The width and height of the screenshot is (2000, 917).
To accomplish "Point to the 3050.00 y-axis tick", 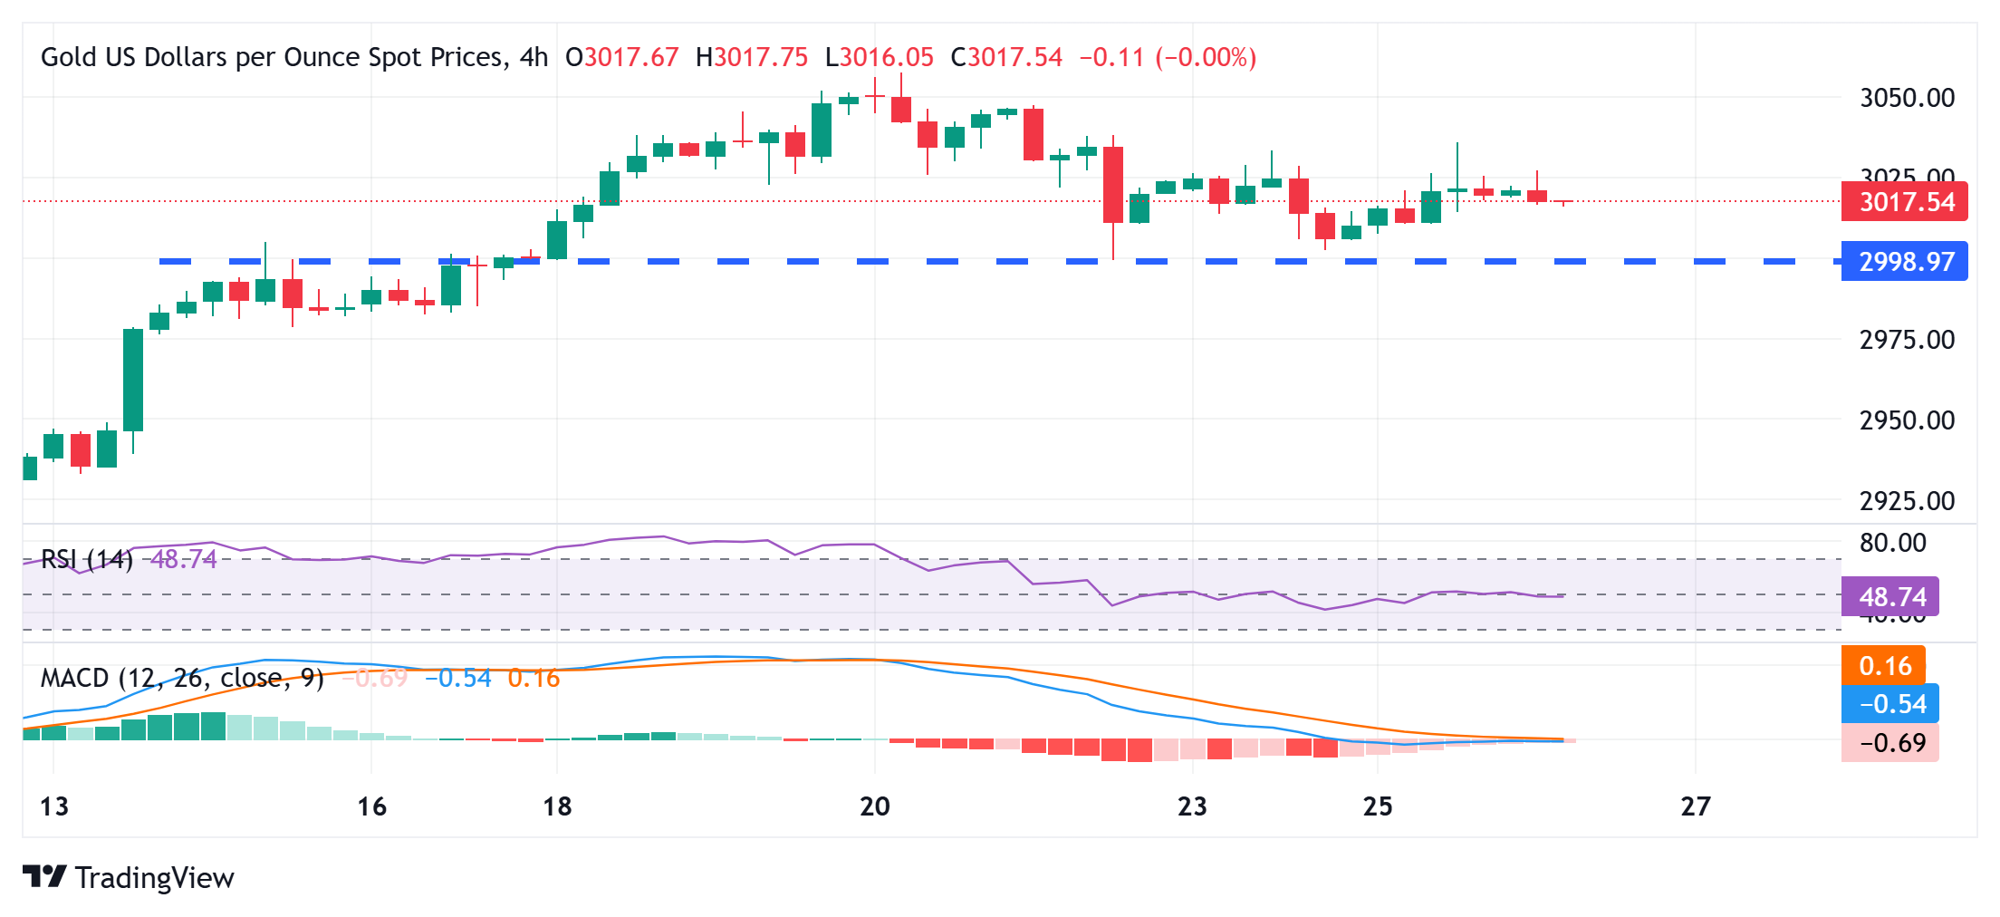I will tap(1907, 98).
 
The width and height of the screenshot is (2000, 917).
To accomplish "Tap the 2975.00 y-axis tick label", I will tap(1907, 340).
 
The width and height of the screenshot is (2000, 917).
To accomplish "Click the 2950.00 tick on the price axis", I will tap(1907, 420).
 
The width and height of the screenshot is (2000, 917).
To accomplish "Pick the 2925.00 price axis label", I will tap(1907, 500).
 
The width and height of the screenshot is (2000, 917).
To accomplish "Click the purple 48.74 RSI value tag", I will tap(1890, 596).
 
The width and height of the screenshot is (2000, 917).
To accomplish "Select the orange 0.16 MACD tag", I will tap(1884, 666).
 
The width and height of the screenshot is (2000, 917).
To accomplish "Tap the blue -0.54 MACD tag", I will tap(1890, 704).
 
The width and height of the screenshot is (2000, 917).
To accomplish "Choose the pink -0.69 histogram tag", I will tap(1890, 743).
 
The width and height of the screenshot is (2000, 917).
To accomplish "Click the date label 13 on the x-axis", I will tap(54, 806).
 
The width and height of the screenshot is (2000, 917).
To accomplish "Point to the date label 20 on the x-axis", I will tap(875, 806).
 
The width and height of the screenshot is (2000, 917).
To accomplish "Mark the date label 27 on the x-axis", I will tap(1695, 806).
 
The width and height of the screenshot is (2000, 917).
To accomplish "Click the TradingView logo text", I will tap(154, 878).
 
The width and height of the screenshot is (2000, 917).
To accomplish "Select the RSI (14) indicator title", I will tap(87, 559).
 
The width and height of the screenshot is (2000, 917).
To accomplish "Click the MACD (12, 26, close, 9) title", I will tap(182, 678).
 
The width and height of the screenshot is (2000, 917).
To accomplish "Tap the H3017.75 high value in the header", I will tap(751, 58).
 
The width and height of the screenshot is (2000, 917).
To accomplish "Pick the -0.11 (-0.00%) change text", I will tap(1167, 58).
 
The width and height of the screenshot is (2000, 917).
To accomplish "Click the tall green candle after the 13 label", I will tap(133, 381).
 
